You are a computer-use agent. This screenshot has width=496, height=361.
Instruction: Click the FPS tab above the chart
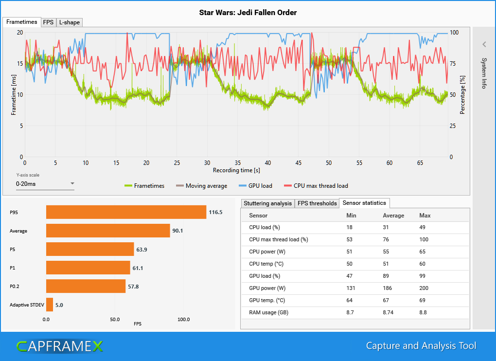[48, 22]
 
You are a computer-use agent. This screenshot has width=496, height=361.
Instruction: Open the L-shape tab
[69, 22]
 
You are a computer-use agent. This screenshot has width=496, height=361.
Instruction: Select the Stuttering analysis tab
[267, 203]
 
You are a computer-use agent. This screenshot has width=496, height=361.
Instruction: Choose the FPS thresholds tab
[317, 203]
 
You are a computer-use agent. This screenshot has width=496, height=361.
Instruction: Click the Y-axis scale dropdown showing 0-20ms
[45, 184]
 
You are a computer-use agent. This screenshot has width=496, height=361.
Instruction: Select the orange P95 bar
[126, 212]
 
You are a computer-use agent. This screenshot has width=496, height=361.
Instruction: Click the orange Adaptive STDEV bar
[50, 305]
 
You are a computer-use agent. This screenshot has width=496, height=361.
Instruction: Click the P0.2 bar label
[16, 287]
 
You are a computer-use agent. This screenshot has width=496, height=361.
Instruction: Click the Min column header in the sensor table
[351, 215]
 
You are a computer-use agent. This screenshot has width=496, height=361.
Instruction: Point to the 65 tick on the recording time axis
[420, 163]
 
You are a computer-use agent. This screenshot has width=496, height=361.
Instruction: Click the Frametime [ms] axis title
[14, 95]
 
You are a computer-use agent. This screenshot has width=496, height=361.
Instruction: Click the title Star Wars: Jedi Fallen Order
[248, 12]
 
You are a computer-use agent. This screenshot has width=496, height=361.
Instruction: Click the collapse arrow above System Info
[484, 44]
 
